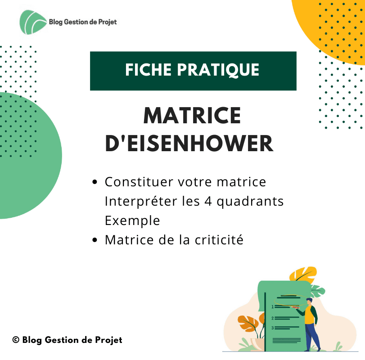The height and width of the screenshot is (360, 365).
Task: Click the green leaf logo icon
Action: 33,22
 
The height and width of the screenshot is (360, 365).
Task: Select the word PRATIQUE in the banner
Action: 218,70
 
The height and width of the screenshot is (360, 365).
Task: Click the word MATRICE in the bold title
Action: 192,115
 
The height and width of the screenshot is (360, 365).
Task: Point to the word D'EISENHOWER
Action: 189,143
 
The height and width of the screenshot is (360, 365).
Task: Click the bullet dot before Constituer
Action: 95,182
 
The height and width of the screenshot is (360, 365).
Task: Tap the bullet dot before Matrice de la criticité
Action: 95,240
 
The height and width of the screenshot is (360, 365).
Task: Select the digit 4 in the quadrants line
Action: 208,201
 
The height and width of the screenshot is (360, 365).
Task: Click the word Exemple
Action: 132,220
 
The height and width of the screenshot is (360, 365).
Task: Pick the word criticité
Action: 219,240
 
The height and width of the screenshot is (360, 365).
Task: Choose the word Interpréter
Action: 141,201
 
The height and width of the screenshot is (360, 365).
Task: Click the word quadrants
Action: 250,202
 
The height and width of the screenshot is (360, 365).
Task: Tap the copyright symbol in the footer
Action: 16,340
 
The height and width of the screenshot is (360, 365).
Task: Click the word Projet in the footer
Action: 109,340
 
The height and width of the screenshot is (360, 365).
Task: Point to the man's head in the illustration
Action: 309,301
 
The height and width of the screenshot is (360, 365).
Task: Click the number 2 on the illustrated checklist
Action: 273,318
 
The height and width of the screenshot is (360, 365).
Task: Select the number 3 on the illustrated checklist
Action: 273,328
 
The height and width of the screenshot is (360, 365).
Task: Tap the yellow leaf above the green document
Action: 303,274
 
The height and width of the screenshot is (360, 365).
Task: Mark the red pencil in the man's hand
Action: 295,307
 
